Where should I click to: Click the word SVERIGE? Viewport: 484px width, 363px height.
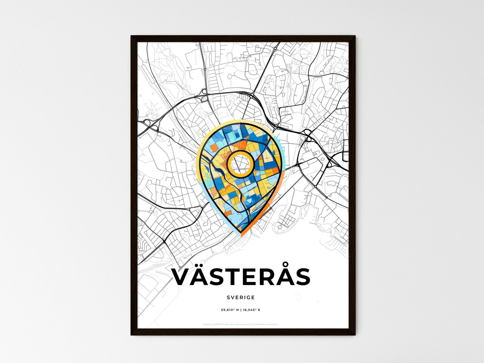(x=240, y=297)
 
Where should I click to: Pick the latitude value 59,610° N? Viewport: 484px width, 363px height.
(x=230, y=310)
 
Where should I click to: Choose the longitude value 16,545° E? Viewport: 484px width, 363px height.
(x=251, y=310)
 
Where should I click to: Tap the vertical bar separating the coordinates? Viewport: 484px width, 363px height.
(x=240, y=310)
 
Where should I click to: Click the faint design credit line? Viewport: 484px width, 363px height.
(x=240, y=324)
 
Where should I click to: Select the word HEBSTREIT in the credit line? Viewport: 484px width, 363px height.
(x=219, y=324)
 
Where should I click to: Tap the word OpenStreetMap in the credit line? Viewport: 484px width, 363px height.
(x=258, y=324)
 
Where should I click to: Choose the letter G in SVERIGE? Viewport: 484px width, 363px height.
(x=248, y=297)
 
